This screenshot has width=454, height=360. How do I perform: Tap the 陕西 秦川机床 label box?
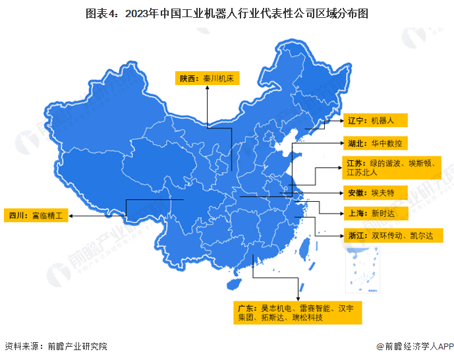(208, 79)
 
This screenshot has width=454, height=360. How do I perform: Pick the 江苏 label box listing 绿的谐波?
(392, 167)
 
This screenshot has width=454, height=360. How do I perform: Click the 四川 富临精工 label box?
(36, 216)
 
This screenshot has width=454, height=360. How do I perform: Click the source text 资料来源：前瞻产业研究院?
(55, 346)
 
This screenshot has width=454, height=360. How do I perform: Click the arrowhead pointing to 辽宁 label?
(340, 121)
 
